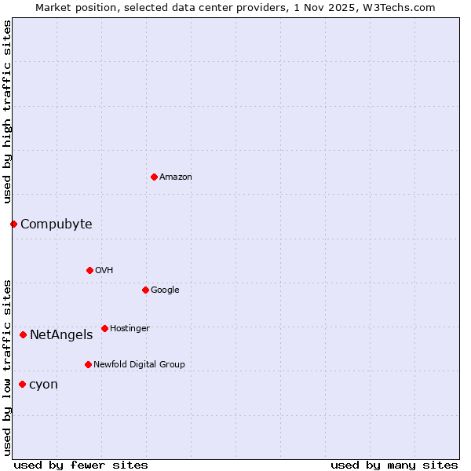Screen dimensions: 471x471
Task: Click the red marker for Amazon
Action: [x=154, y=177]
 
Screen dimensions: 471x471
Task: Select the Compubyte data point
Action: [x=13, y=224]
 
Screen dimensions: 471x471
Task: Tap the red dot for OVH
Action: [x=89, y=270]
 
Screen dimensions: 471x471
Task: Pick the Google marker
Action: [x=145, y=290]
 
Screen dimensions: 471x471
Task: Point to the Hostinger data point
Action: [x=104, y=328]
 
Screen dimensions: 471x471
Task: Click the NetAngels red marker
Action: [x=23, y=334]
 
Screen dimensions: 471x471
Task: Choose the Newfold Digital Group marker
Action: [x=88, y=364]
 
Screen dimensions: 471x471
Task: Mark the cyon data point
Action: [x=22, y=384]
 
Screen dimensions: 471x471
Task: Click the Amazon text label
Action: [x=175, y=177]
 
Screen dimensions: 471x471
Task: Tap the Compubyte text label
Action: [x=56, y=225]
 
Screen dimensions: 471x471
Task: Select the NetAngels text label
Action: [x=61, y=335]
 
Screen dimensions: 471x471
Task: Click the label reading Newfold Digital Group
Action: [x=139, y=364]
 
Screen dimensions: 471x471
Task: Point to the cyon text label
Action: [x=43, y=385]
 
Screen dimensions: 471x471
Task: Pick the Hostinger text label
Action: [x=130, y=328]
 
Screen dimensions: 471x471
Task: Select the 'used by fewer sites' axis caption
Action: [x=81, y=465]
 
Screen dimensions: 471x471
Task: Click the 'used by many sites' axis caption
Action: [x=394, y=465]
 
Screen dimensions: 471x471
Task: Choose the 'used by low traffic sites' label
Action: [x=7, y=367]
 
